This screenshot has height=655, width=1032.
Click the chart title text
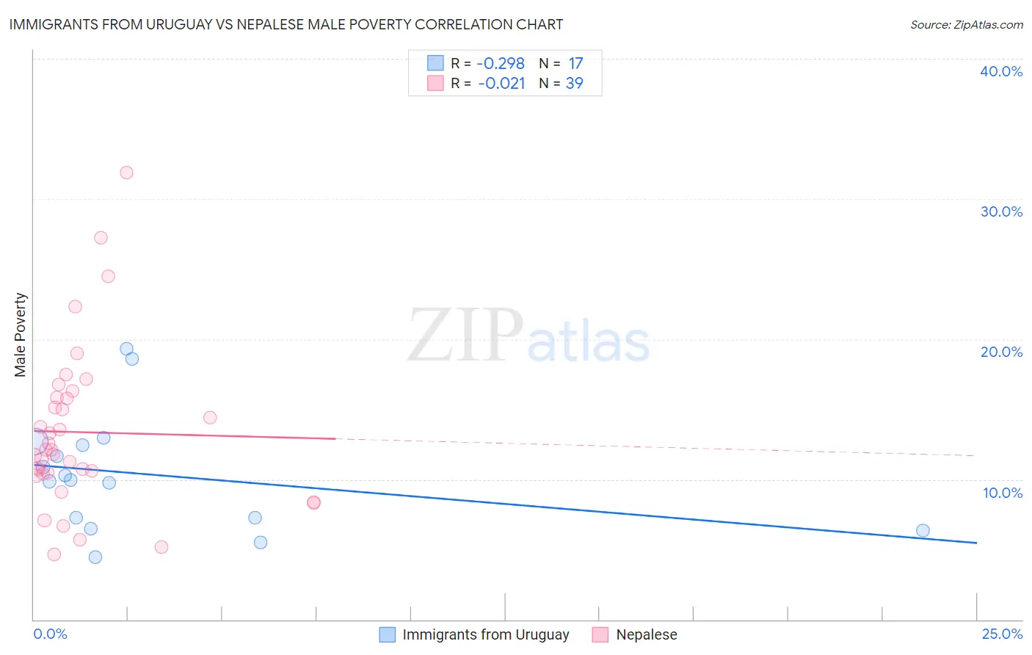[x=286, y=24]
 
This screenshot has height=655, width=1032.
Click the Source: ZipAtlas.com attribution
[x=966, y=24]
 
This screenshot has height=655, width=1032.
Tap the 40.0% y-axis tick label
[x=1001, y=71]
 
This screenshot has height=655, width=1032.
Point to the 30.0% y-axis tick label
[x=1001, y=211]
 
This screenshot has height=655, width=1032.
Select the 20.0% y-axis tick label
[x=1001, y=352]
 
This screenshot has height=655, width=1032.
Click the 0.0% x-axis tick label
[x=50, y=634]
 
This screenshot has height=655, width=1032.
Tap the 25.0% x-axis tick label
[x=1002, y=634]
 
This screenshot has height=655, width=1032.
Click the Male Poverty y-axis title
[x=21, y=335]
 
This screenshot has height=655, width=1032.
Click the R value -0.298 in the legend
[x=501, y=64]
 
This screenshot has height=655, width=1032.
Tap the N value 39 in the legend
[x=574, y=84]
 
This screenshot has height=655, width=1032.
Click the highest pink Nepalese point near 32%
[x=126, y=173]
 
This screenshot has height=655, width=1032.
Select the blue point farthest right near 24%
[x=923, y=530]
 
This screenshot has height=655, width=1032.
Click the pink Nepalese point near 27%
[x=101, y=238]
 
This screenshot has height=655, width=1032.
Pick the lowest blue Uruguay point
[x=95, y=557]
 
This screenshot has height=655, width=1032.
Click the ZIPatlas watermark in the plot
[x=528, y=336]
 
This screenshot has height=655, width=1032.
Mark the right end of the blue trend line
[x=976, y=543]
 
